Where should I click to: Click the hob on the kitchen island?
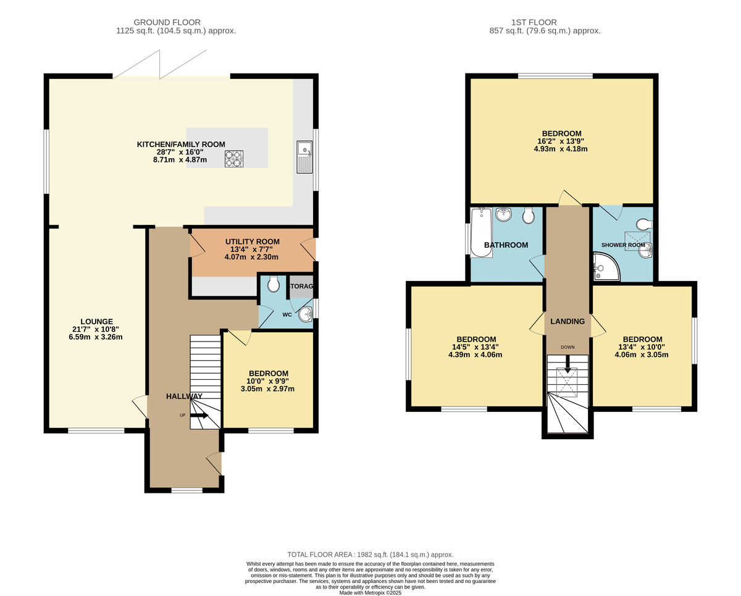point(234,159)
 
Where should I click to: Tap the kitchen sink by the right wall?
point(304,157)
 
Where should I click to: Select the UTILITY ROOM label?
point(252,241)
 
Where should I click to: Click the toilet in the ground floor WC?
point(274,283)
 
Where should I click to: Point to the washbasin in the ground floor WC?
point(305,315)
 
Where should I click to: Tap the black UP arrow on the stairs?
point(199,416)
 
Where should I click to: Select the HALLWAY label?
point(184,396)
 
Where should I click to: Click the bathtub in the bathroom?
point(480,232)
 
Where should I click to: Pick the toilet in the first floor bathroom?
point(528,216)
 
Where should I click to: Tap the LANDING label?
point(567,321)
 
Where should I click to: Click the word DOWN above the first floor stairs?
point(567,347)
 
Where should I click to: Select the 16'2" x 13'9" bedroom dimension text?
point(561,141)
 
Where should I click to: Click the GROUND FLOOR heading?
point(176,22)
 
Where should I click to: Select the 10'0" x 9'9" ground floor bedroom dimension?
point(268,381)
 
